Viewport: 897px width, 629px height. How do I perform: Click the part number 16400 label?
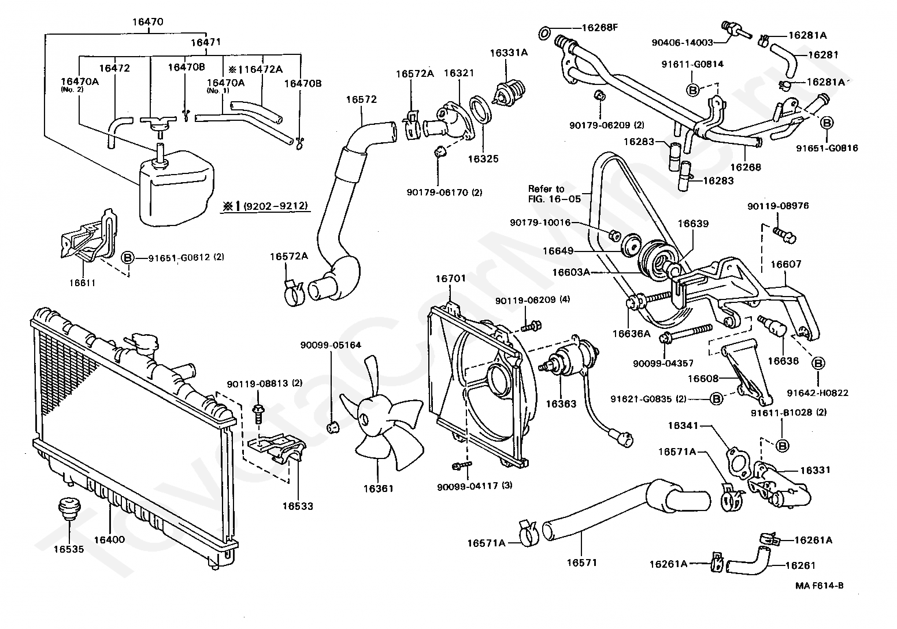pyautogui.click(x=109, y=539)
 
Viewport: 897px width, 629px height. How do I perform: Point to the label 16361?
pyautogui.click(x=378, y=489)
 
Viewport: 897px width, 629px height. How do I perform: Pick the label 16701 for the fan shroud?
pyautogui.click(x=450, y=279)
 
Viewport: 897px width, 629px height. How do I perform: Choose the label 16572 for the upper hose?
pyautogui.click(x=361, y=99)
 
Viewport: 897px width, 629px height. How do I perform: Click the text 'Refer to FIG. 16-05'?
pyautogui.click(x=546, y=194)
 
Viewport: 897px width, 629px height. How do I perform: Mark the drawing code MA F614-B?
pyautogui.click(x=819, y=586)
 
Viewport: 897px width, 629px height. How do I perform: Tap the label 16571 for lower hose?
pyautogui.click(x=581, y=562)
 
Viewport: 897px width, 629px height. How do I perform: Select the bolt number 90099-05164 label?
pyautogui.click(x=330, y=345)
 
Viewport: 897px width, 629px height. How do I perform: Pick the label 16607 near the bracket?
pyautogui.click(x=786, y=264)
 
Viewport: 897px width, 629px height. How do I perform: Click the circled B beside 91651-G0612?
pyautogui.click(x=128, y=258)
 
